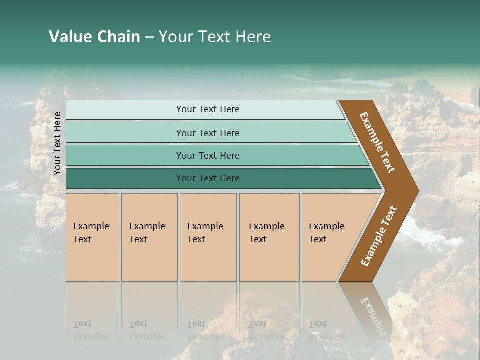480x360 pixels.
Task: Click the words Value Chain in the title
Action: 94,37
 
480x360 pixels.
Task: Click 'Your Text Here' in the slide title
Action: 215,37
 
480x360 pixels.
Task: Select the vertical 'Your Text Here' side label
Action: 57,143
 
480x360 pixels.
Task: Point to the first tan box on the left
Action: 92,260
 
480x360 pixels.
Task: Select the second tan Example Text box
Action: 149,260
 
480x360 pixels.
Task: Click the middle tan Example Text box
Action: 208,260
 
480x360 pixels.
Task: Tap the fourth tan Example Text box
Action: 269,260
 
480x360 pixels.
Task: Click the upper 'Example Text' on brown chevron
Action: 377,142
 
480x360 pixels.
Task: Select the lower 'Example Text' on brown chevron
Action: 378,236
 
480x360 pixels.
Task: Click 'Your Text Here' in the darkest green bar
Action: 208,178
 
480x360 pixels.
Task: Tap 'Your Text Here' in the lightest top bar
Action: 208,109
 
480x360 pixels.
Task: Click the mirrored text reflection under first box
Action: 91,330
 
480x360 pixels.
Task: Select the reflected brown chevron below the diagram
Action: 370,310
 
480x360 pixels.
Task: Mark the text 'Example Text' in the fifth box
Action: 326,233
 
